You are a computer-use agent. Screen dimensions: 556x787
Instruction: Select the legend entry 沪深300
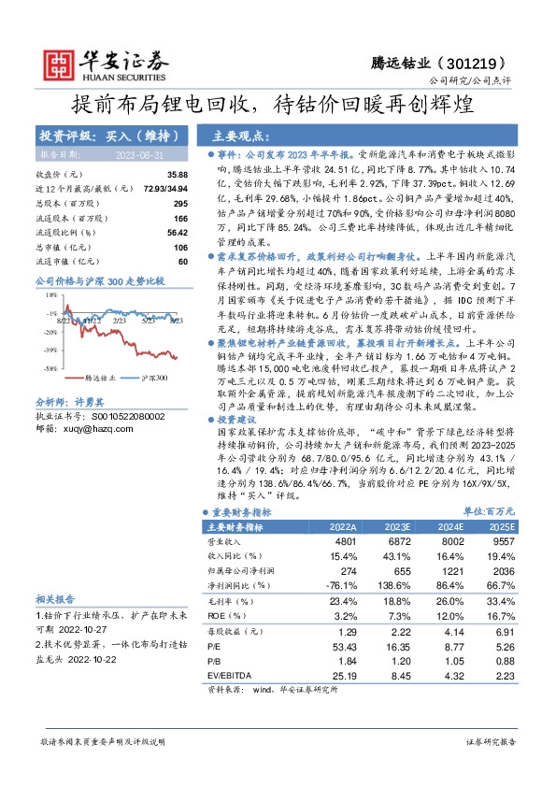point(153,379)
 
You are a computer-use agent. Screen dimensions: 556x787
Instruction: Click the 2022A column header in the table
point(344,527)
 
